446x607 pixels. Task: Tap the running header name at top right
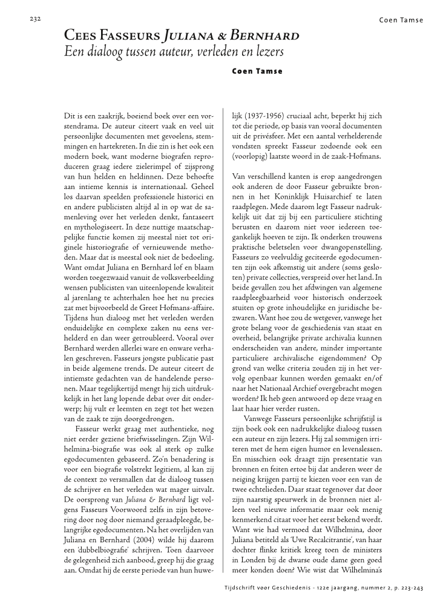[x=401, y=20]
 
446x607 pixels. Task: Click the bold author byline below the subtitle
[x=257, y=71]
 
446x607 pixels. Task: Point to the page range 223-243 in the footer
[x=407, y=588]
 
